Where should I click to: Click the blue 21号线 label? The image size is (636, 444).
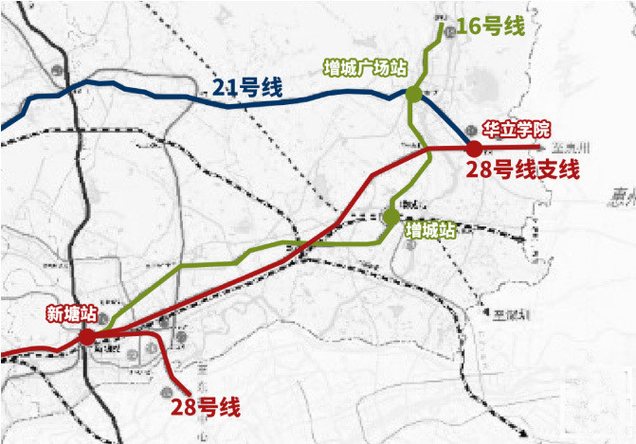tap(247, 88)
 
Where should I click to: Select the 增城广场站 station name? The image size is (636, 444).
tap(365, 68)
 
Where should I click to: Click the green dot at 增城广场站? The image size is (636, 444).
tap(413, 94)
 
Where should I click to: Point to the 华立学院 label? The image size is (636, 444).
tap(517, 129)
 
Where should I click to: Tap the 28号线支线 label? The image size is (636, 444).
tap(522, 170)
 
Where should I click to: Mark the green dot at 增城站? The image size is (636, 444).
tap(391, 217)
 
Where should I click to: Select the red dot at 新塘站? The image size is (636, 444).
tap(86, 335)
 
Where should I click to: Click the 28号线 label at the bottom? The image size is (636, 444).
tap(206, 408)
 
